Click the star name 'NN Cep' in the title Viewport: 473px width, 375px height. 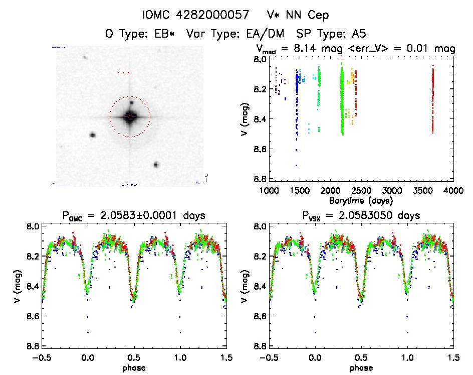click(311, 16)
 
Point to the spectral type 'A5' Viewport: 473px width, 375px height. click(358, 34)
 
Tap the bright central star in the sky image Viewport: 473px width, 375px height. click(130, 117)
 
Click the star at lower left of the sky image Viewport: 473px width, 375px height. click(93, 135)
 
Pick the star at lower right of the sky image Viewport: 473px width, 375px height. click(156, 165)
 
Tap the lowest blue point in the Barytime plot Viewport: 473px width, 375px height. click(296, 165)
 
